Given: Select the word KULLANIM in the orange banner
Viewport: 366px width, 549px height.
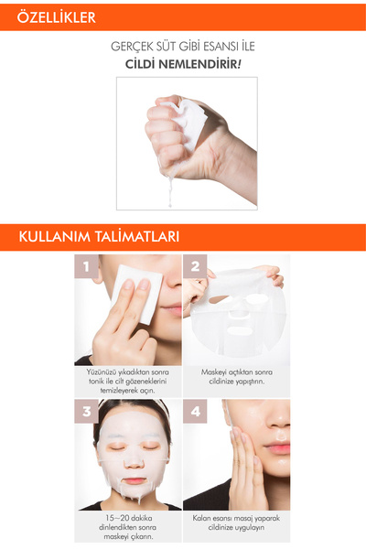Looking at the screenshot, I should [x=55, y=236].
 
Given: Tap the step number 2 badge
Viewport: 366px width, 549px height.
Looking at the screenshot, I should [x=195, y=268].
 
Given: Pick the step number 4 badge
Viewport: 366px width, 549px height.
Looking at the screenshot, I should [x=195, y=412].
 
